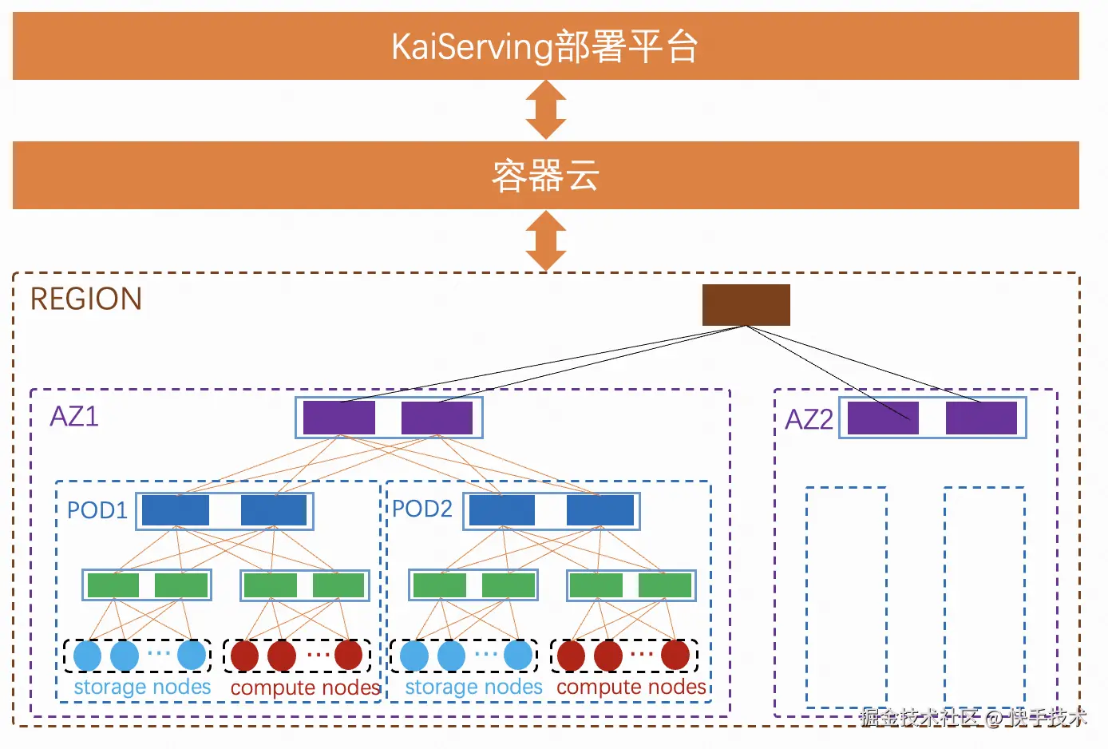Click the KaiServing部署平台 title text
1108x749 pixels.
point(544,46)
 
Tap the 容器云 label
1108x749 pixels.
point(545,175)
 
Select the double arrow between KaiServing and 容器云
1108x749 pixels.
point(545,109)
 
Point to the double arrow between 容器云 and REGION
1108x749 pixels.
point(545,240)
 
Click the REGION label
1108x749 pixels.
point(86,299)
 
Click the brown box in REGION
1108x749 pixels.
point(746,305)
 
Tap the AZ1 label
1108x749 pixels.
point(74,416)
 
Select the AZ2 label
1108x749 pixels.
point(809,419)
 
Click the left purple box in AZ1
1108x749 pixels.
point(338,418)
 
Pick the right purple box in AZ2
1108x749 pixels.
point(981,418)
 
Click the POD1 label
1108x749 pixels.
point(97,510)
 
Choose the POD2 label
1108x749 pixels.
point(422,509)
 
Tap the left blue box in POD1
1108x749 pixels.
point(176,510)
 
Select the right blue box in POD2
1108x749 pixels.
point(600,510)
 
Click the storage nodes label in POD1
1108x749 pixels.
point(142,687)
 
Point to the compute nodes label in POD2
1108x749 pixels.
point(631,688)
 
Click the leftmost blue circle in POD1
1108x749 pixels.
point(88,655)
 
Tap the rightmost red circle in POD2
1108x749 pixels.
point(675,655)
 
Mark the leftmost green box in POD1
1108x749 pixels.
point(113,585)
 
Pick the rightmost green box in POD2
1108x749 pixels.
point(665,585)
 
